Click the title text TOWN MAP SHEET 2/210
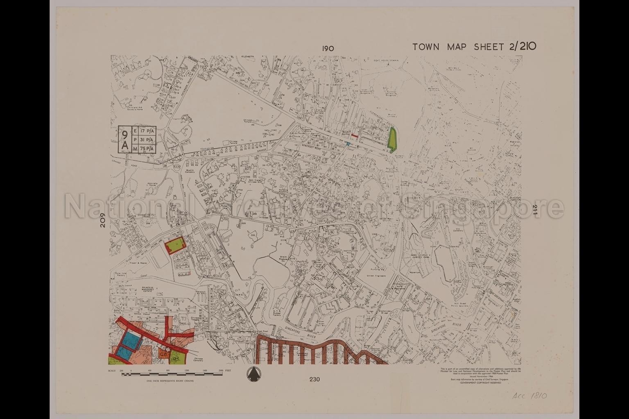474,46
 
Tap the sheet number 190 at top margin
328,48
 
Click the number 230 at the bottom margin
314,379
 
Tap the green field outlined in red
175,246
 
